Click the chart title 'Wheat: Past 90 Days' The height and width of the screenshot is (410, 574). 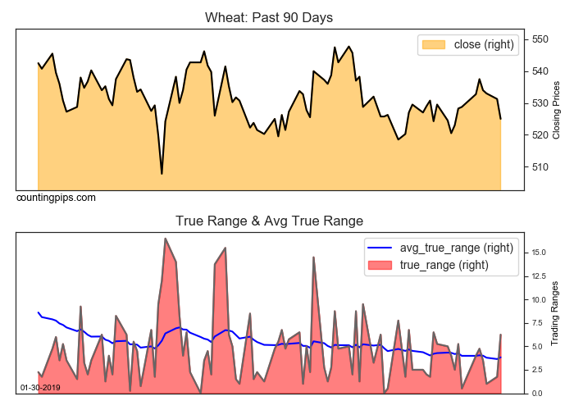click(269, 17)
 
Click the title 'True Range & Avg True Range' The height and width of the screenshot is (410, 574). click(269, 221)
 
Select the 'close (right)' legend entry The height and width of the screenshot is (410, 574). click(467, 44)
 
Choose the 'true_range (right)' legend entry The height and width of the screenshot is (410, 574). click(442, 265)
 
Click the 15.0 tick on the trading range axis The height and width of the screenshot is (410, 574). click(538, 253)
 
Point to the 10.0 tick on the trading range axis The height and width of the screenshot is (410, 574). click(538, 299)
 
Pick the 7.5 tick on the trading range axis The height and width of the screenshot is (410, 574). click(536, 323)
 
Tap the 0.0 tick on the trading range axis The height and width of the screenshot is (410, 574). click(536, 394)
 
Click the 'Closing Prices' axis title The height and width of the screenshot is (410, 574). click(557, 110)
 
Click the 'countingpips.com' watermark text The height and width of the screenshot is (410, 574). click(56, 198)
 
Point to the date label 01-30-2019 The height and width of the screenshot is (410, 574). click(39, 387)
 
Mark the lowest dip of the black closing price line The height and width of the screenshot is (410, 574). click(162, 174)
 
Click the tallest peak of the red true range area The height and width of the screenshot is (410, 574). click(166, 239)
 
